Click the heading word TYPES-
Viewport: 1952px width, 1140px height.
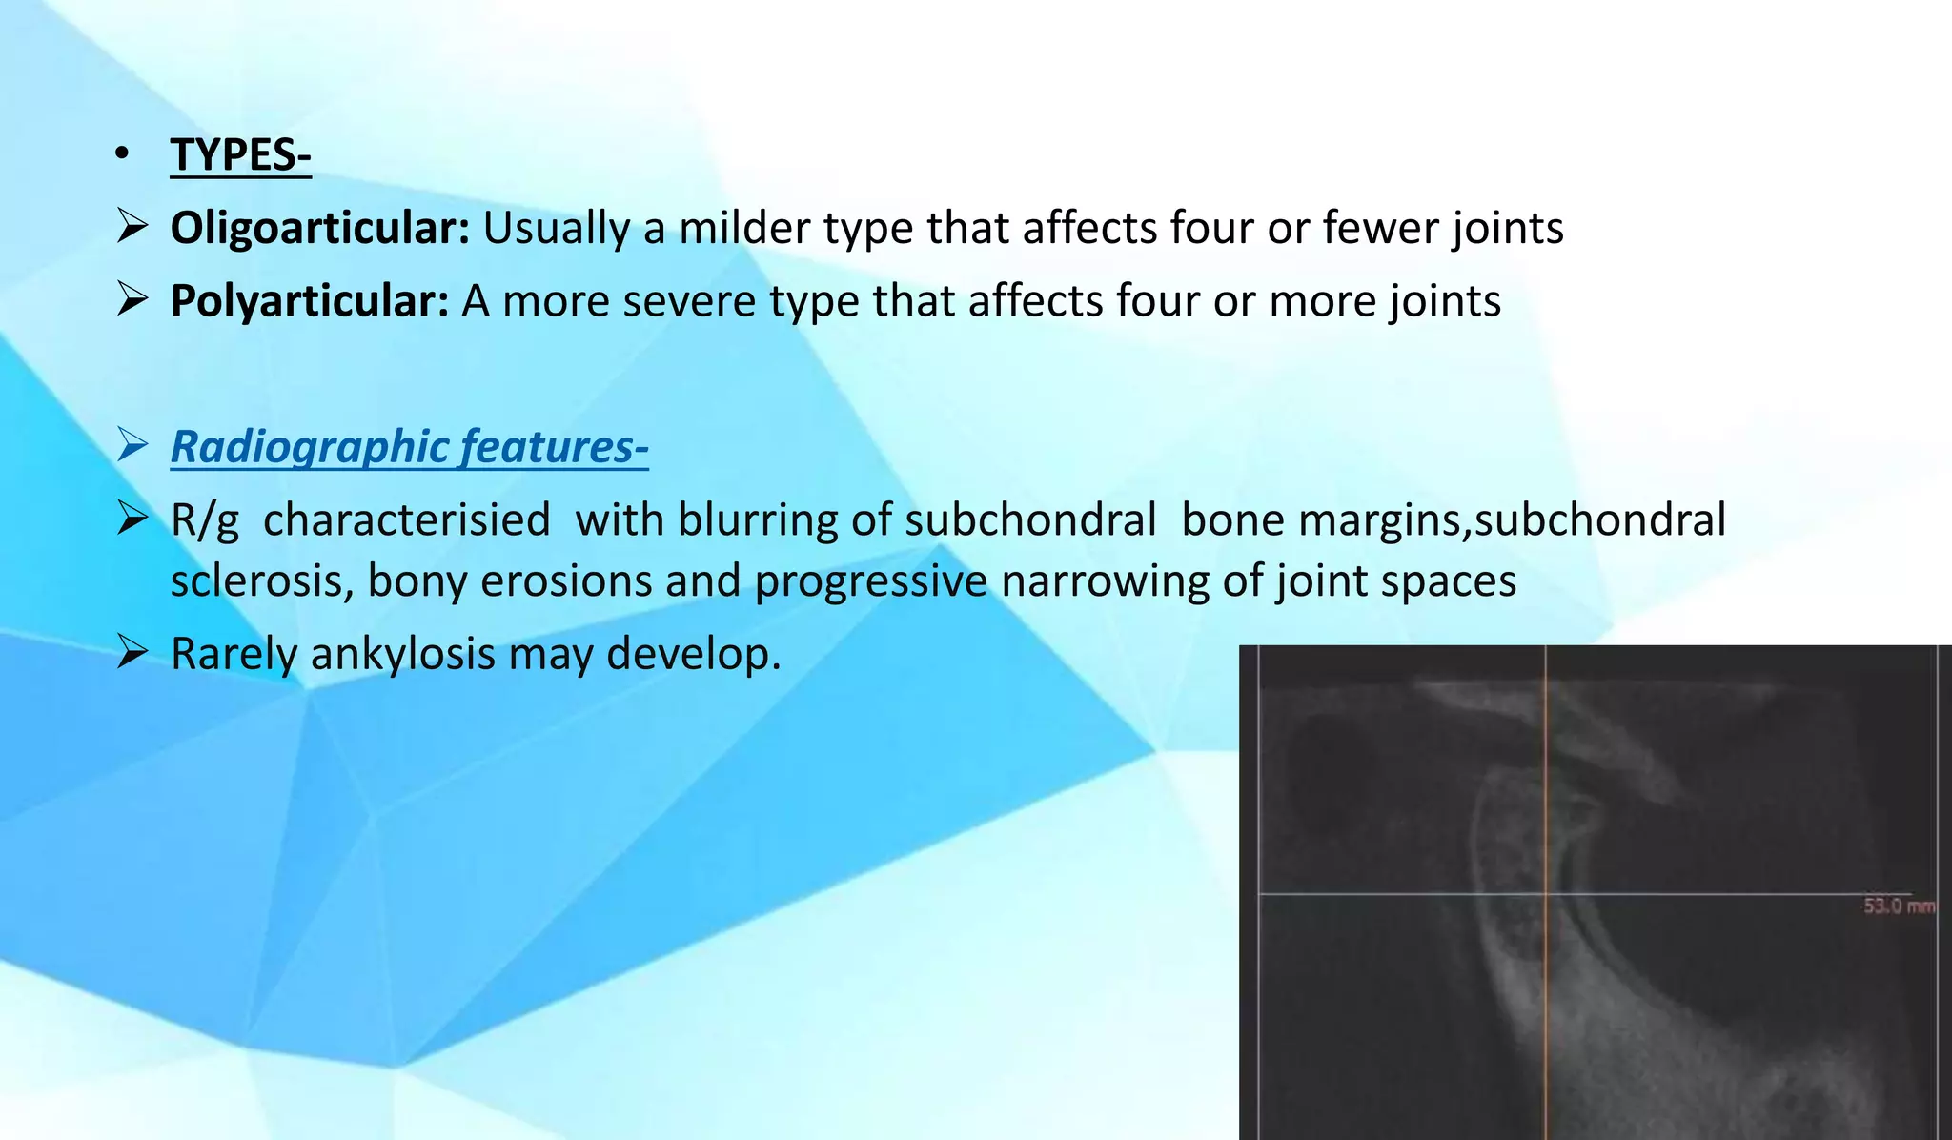click(x=240, y=154)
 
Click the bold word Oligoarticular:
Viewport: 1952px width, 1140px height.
click(x=319, y=229)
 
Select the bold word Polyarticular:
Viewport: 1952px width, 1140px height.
click(x=309, y=301)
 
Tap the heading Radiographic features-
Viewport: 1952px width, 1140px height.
click(x=409, y=447)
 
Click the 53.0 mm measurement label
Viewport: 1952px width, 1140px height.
click(x=1899, y=906)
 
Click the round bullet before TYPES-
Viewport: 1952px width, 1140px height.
click(x=120, y=154)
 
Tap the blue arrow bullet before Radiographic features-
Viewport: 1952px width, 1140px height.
click(x=132, y=445)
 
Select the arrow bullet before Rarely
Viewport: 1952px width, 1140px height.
click(x=132, y=652)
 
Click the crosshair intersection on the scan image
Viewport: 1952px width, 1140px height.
click(x=1545, y=894)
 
